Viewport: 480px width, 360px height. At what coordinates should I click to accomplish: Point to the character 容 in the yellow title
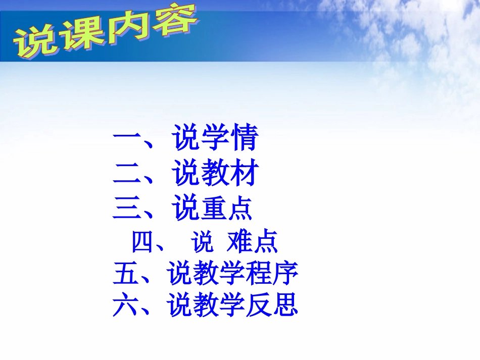[174, 21]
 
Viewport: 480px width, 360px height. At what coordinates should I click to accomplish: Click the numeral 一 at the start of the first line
[126, 137]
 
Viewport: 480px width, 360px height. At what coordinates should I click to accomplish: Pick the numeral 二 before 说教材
[126, 173]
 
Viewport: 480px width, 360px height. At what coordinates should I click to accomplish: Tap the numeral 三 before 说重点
[126, 208]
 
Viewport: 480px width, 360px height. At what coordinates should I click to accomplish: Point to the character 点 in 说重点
[241, 208]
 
